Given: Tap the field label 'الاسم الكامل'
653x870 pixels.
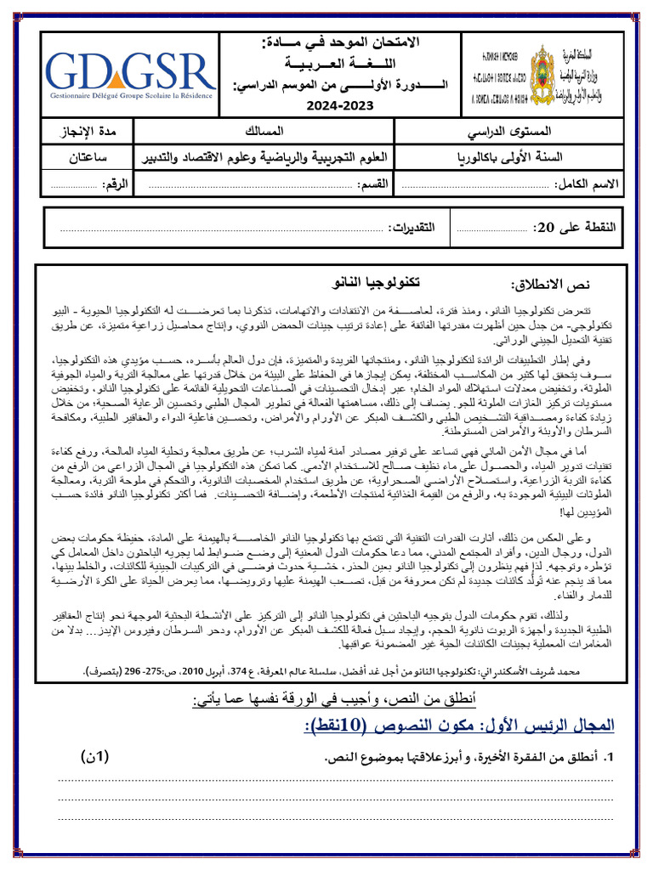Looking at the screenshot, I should tap(588, 184).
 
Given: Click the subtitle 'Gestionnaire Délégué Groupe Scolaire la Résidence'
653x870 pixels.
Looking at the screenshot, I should tap(130, 98).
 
